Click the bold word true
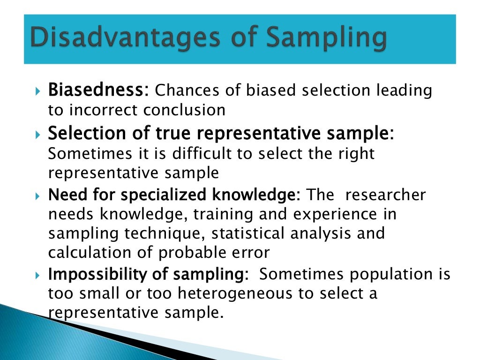point(174,133)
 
